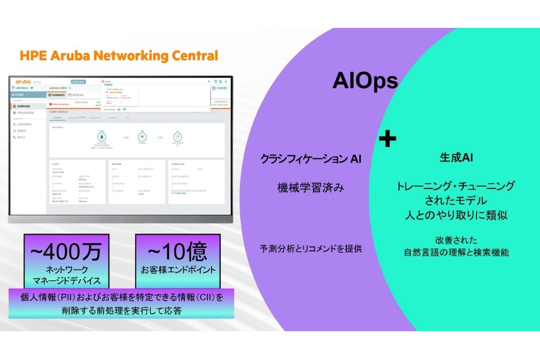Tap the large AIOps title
[365, 81]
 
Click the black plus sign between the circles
[387, 139]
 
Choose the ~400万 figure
[66, 252]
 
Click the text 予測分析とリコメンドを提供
[310, 248]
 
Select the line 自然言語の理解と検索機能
[456, 253]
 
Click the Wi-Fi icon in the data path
[142, 137]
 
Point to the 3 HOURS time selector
[220, 88]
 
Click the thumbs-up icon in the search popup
[119, 109]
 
